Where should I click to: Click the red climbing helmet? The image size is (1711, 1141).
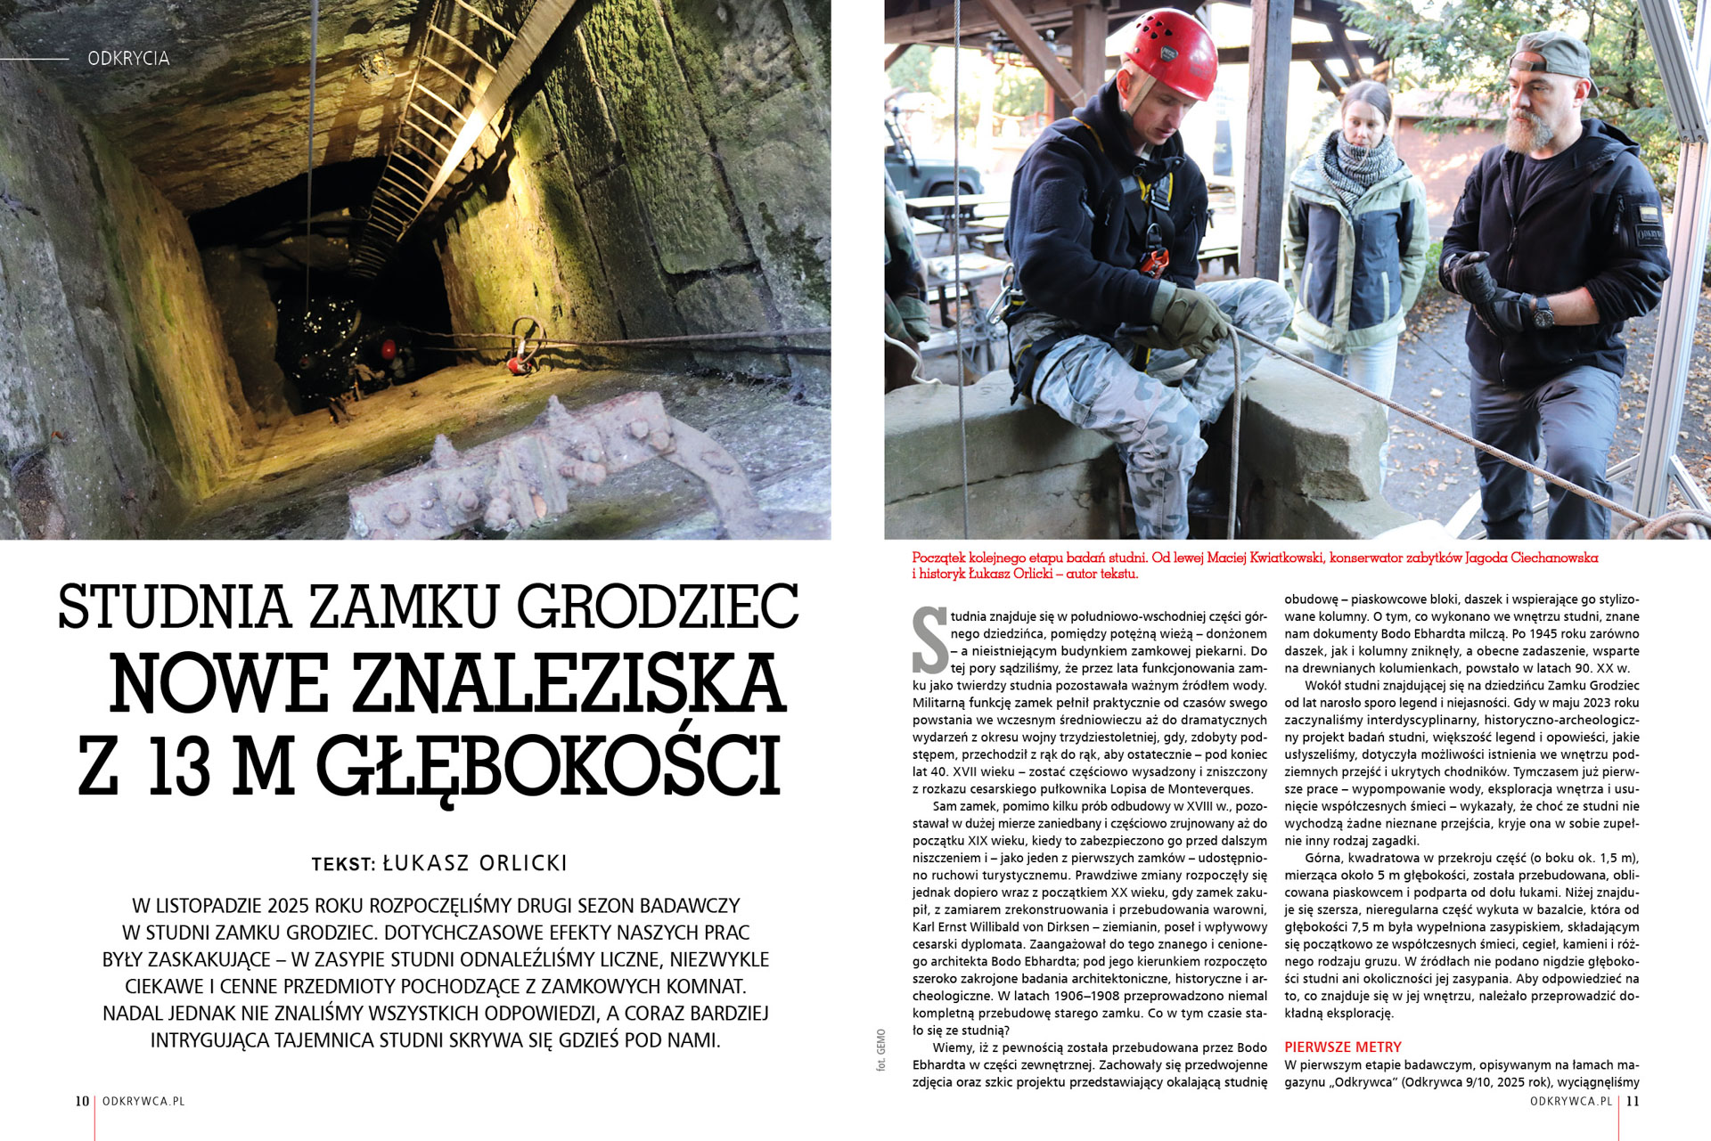click(1170, 53)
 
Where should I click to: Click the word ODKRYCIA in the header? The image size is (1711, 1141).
click(128, 59)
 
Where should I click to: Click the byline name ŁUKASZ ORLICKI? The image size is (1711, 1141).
click(475, 863)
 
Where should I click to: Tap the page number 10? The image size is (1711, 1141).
click(82, 1101)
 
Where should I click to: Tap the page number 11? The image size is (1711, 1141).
click(1633, 1101)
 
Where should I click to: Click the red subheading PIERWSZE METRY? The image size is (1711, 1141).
click(1342, 1047)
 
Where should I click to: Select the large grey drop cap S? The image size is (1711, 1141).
click(929, 640)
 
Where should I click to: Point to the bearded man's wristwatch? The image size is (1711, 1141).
click(1543, 312)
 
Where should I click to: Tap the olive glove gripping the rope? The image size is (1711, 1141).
click(1192, 318)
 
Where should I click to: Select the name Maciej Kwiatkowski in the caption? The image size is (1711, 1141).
click(1264, 558)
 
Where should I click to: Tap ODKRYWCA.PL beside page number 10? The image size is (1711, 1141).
click(143, 1101)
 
